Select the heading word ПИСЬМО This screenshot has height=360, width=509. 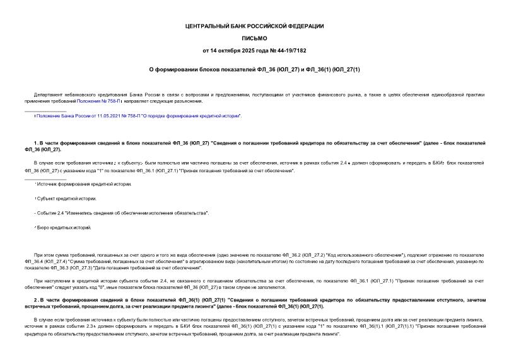point(254,38)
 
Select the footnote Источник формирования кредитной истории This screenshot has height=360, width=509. point(84,184)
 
